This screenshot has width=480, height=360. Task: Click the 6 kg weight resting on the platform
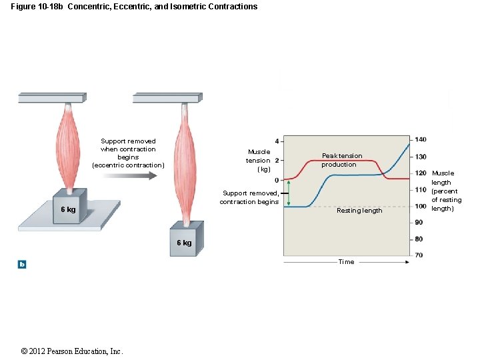69,209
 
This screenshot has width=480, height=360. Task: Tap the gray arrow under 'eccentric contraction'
129,175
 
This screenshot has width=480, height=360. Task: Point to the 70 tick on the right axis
419,255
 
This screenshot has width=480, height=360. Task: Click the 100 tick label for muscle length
420,206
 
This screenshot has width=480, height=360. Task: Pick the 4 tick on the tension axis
277,141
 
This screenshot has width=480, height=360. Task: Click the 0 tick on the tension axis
277,180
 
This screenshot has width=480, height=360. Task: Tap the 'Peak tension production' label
341,160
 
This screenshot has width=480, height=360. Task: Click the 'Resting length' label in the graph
359,211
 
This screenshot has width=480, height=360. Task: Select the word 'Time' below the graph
346,262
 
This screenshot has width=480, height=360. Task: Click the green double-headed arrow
289,193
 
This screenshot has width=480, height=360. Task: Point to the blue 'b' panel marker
22,265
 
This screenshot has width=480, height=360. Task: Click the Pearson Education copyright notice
72,351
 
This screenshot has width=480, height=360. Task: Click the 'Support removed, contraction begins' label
249,198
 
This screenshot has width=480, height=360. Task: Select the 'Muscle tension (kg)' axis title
259,161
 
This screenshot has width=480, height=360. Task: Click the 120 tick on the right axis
420,173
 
